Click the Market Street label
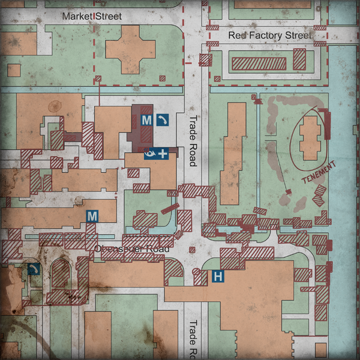click(92, 16)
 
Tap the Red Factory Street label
click(269, 35)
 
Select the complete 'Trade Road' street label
click(193, 140)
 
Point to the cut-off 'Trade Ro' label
click(193, 339)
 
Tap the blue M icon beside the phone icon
click(146, 120)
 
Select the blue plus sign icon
click(163, 154)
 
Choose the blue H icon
click(219, 277)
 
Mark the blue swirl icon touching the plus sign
click(150, 154)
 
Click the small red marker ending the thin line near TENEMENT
click(289, 191)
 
